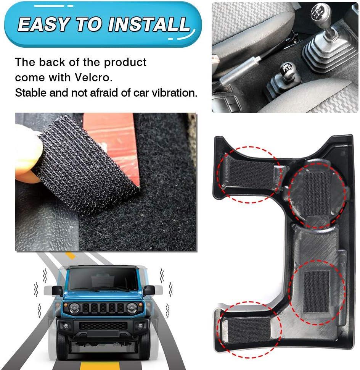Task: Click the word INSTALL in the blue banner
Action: click(149, 24)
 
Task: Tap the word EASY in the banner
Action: click(43, 24)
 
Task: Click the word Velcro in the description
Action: click(93, 78)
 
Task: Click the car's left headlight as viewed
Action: click(74, 308)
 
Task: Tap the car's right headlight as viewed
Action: click(132, 308)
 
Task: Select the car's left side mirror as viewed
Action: click(57, 291)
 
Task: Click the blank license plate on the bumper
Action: click(103, 333)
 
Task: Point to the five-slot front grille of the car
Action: click(103, 308)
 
